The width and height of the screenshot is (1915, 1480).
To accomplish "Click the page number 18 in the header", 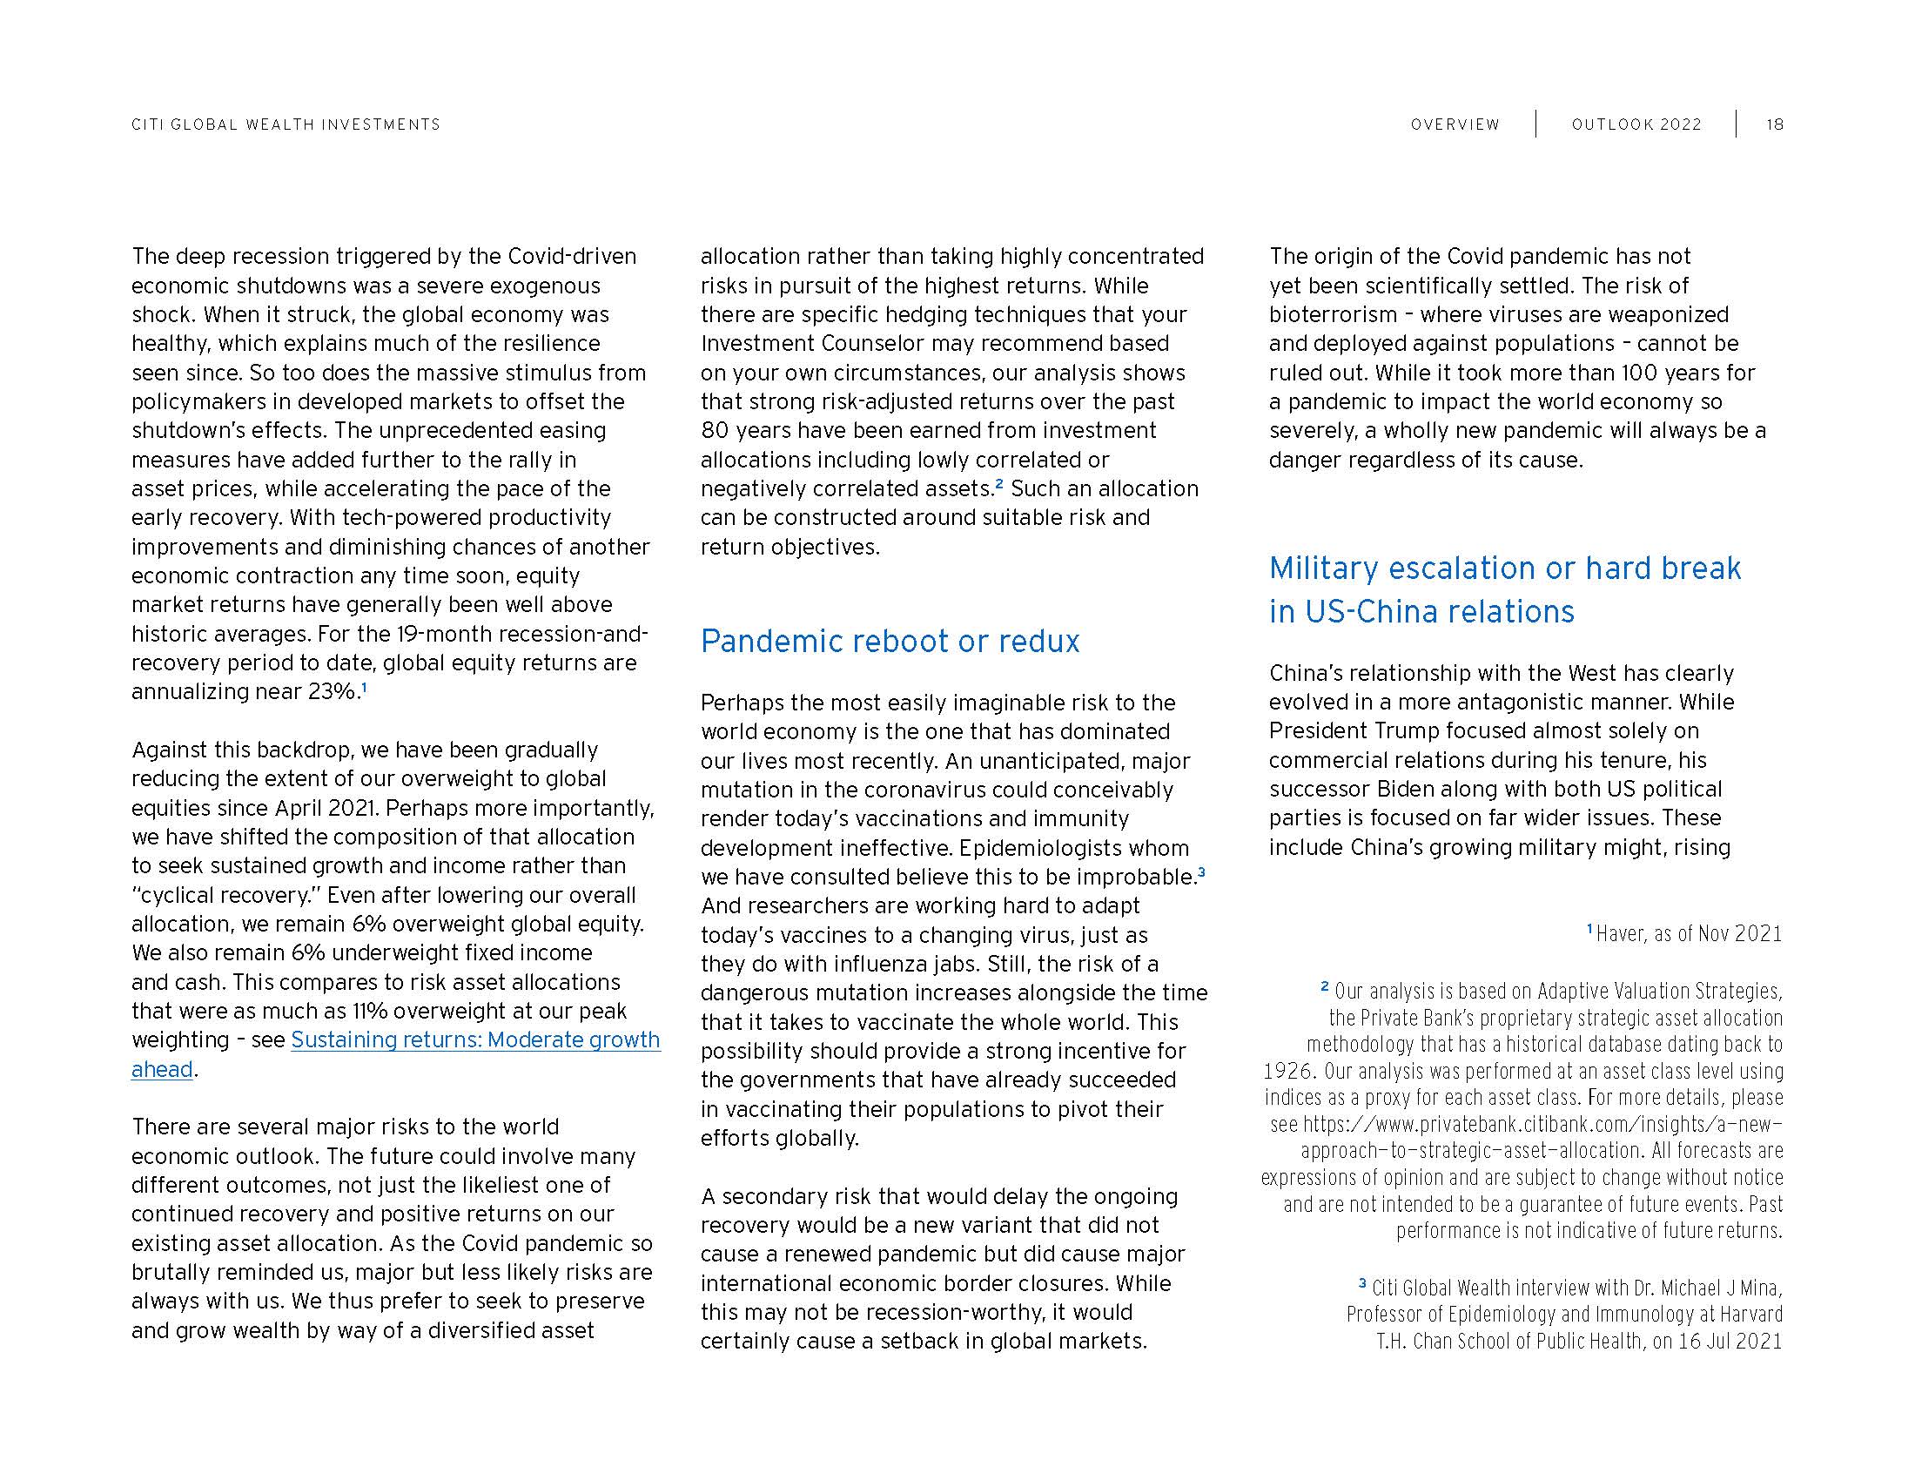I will click(1774, 124).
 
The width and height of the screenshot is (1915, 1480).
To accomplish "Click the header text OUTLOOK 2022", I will click(1636, 124).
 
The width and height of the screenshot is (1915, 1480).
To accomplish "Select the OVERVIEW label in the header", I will click(1455, 124).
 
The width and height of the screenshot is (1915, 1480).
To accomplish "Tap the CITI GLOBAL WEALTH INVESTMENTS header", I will click(286, 124).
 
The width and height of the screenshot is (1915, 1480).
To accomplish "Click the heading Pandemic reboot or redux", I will click(889, 642).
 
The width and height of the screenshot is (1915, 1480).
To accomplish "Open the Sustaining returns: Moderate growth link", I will click(474, 1039).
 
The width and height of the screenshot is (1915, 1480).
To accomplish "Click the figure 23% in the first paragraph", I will click(333, 692).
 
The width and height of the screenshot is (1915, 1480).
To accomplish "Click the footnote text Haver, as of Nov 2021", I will click(1689, 934).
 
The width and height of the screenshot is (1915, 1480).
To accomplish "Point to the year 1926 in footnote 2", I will click(1287, 1072).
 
